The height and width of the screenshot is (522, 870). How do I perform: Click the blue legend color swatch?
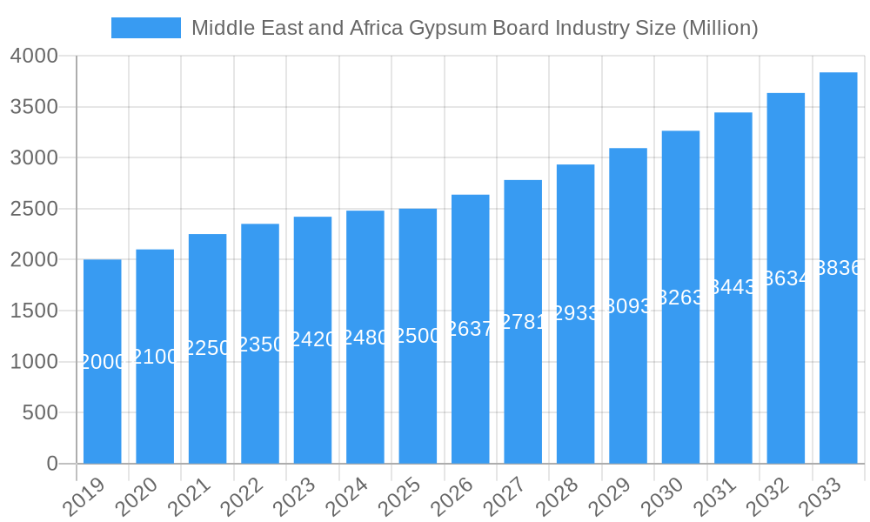[x=145, y=28]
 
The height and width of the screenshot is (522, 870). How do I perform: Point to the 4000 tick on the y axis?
[x=34, y=56]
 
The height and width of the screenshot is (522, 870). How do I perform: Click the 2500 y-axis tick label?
[x=34, y=209]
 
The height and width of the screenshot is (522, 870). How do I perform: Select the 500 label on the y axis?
[x=40, y=412]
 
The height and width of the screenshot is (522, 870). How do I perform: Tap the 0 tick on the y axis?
[x=52, y=464]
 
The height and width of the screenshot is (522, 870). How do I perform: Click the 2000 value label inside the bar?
[x=103, y=362]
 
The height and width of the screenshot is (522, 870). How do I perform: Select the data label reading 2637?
[x=470, y=329]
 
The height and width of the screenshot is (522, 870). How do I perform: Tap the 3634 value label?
[x=786, y=278]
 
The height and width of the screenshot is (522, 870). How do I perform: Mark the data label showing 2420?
[x=312, y=339]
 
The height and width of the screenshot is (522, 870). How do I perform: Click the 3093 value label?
[x=628, y=306]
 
